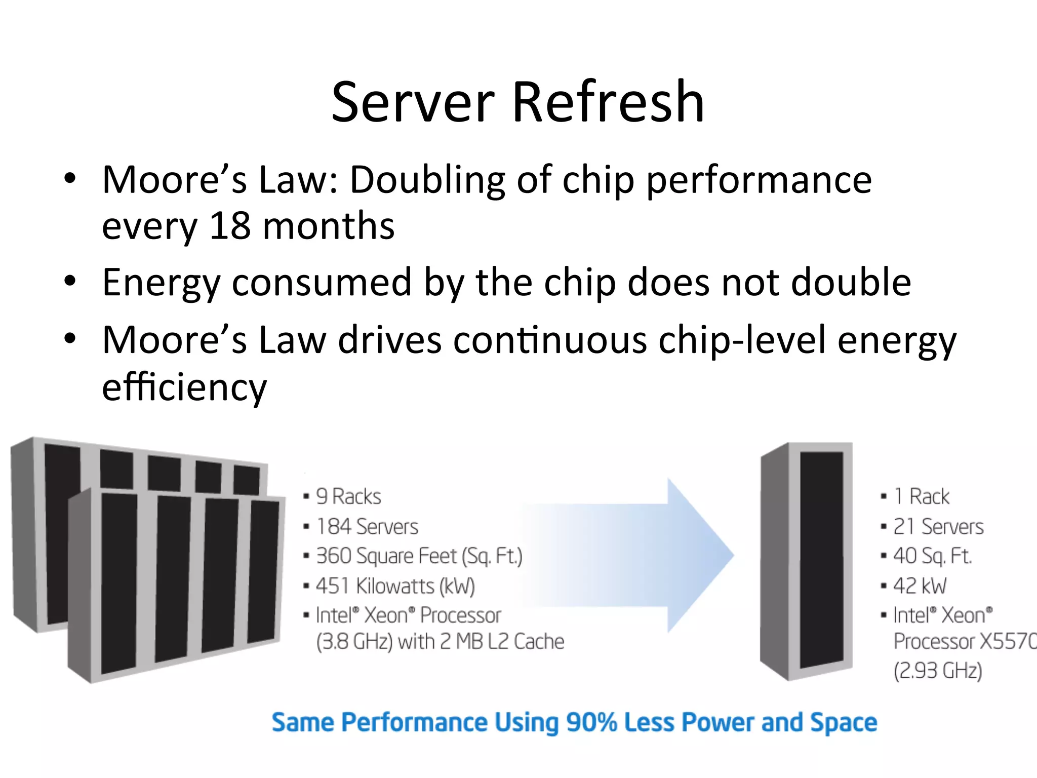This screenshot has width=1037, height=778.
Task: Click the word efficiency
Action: (184, 387)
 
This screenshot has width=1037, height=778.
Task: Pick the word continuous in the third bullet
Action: (550, 340)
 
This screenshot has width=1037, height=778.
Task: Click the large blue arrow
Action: (633, 555)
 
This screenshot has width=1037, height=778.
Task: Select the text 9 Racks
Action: (348, 496)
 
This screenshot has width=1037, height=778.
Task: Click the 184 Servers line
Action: (367, 527)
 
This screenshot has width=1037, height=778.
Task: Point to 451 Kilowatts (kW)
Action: (395, 586)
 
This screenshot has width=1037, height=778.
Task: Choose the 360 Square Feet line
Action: (419, 556)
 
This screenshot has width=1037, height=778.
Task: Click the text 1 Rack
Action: (921, 496)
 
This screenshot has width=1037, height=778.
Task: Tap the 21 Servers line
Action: (938, 527)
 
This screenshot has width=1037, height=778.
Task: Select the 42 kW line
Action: (920, 586)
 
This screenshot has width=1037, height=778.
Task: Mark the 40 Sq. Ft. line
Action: (932, 556)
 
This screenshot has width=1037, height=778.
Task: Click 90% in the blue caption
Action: (591, 722)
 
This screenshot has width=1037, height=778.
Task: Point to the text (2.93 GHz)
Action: (938, 671)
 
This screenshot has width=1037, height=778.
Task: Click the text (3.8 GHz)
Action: (354, 642)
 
